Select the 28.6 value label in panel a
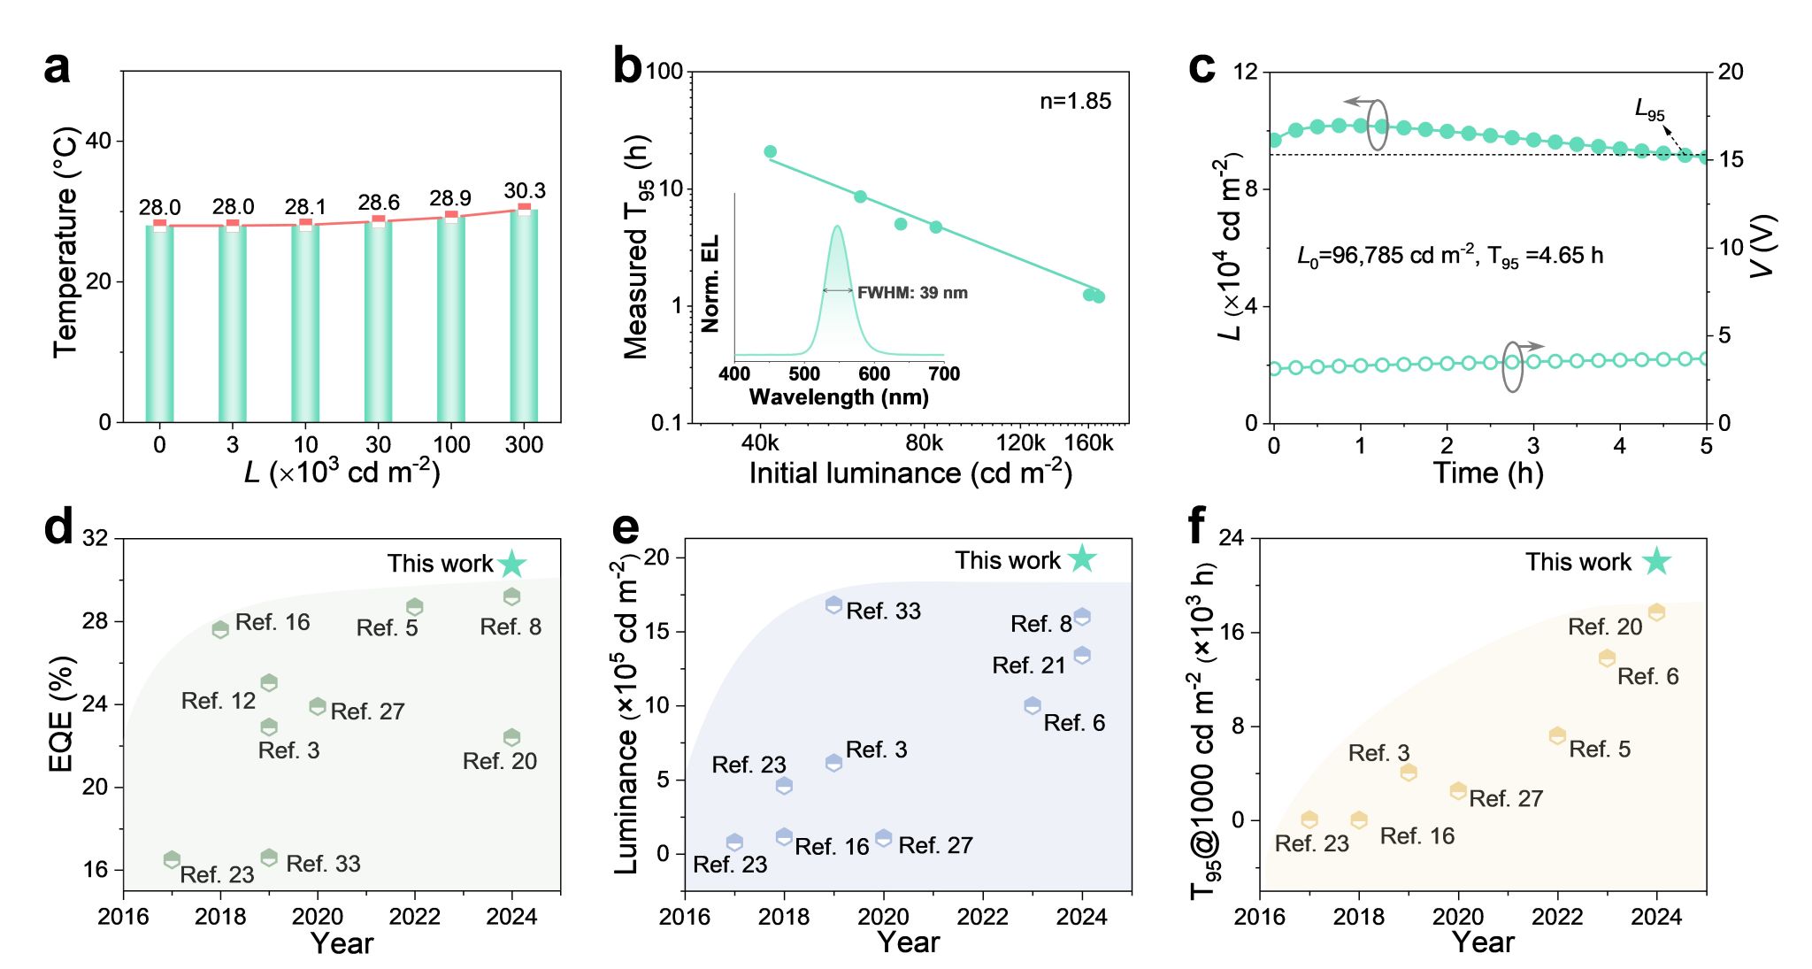click(379, 203)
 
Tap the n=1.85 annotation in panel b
click(1075, 101)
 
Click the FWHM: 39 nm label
click(912, 293)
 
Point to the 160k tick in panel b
click(1088, 443)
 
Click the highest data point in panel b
click(770, 152)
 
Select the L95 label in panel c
click(1649, 111)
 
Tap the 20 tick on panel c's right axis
click(1730, 72)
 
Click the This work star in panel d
click(512, 564)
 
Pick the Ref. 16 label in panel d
click(273, 622)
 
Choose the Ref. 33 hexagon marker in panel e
click(833, 605)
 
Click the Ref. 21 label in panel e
click(1029, 665)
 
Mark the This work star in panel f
click(1656, 561)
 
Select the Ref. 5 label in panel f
click(1600, 750)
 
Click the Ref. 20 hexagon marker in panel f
click(1656, 612)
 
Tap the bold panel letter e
click(626, 528)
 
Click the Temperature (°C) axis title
click(65, 243)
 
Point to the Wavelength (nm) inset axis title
click(839, 397)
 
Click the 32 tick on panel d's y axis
click(96, 538)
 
